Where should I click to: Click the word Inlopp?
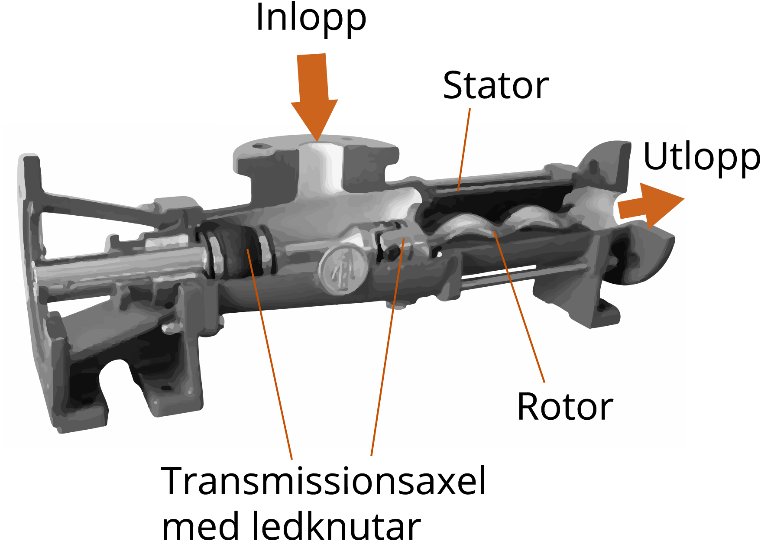(x=311, y=18)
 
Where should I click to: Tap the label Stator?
(x=495, y=86)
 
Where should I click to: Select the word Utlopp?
(x=700, y=157)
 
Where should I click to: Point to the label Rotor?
(x=565, y=407)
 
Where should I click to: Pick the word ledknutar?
(x=336, y=526)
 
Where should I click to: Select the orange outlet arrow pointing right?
(x=650, y=205)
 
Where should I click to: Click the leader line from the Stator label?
(x=464, y=149)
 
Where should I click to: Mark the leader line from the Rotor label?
(x=519, y=308)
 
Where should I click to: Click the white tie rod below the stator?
(x=498, y=273)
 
